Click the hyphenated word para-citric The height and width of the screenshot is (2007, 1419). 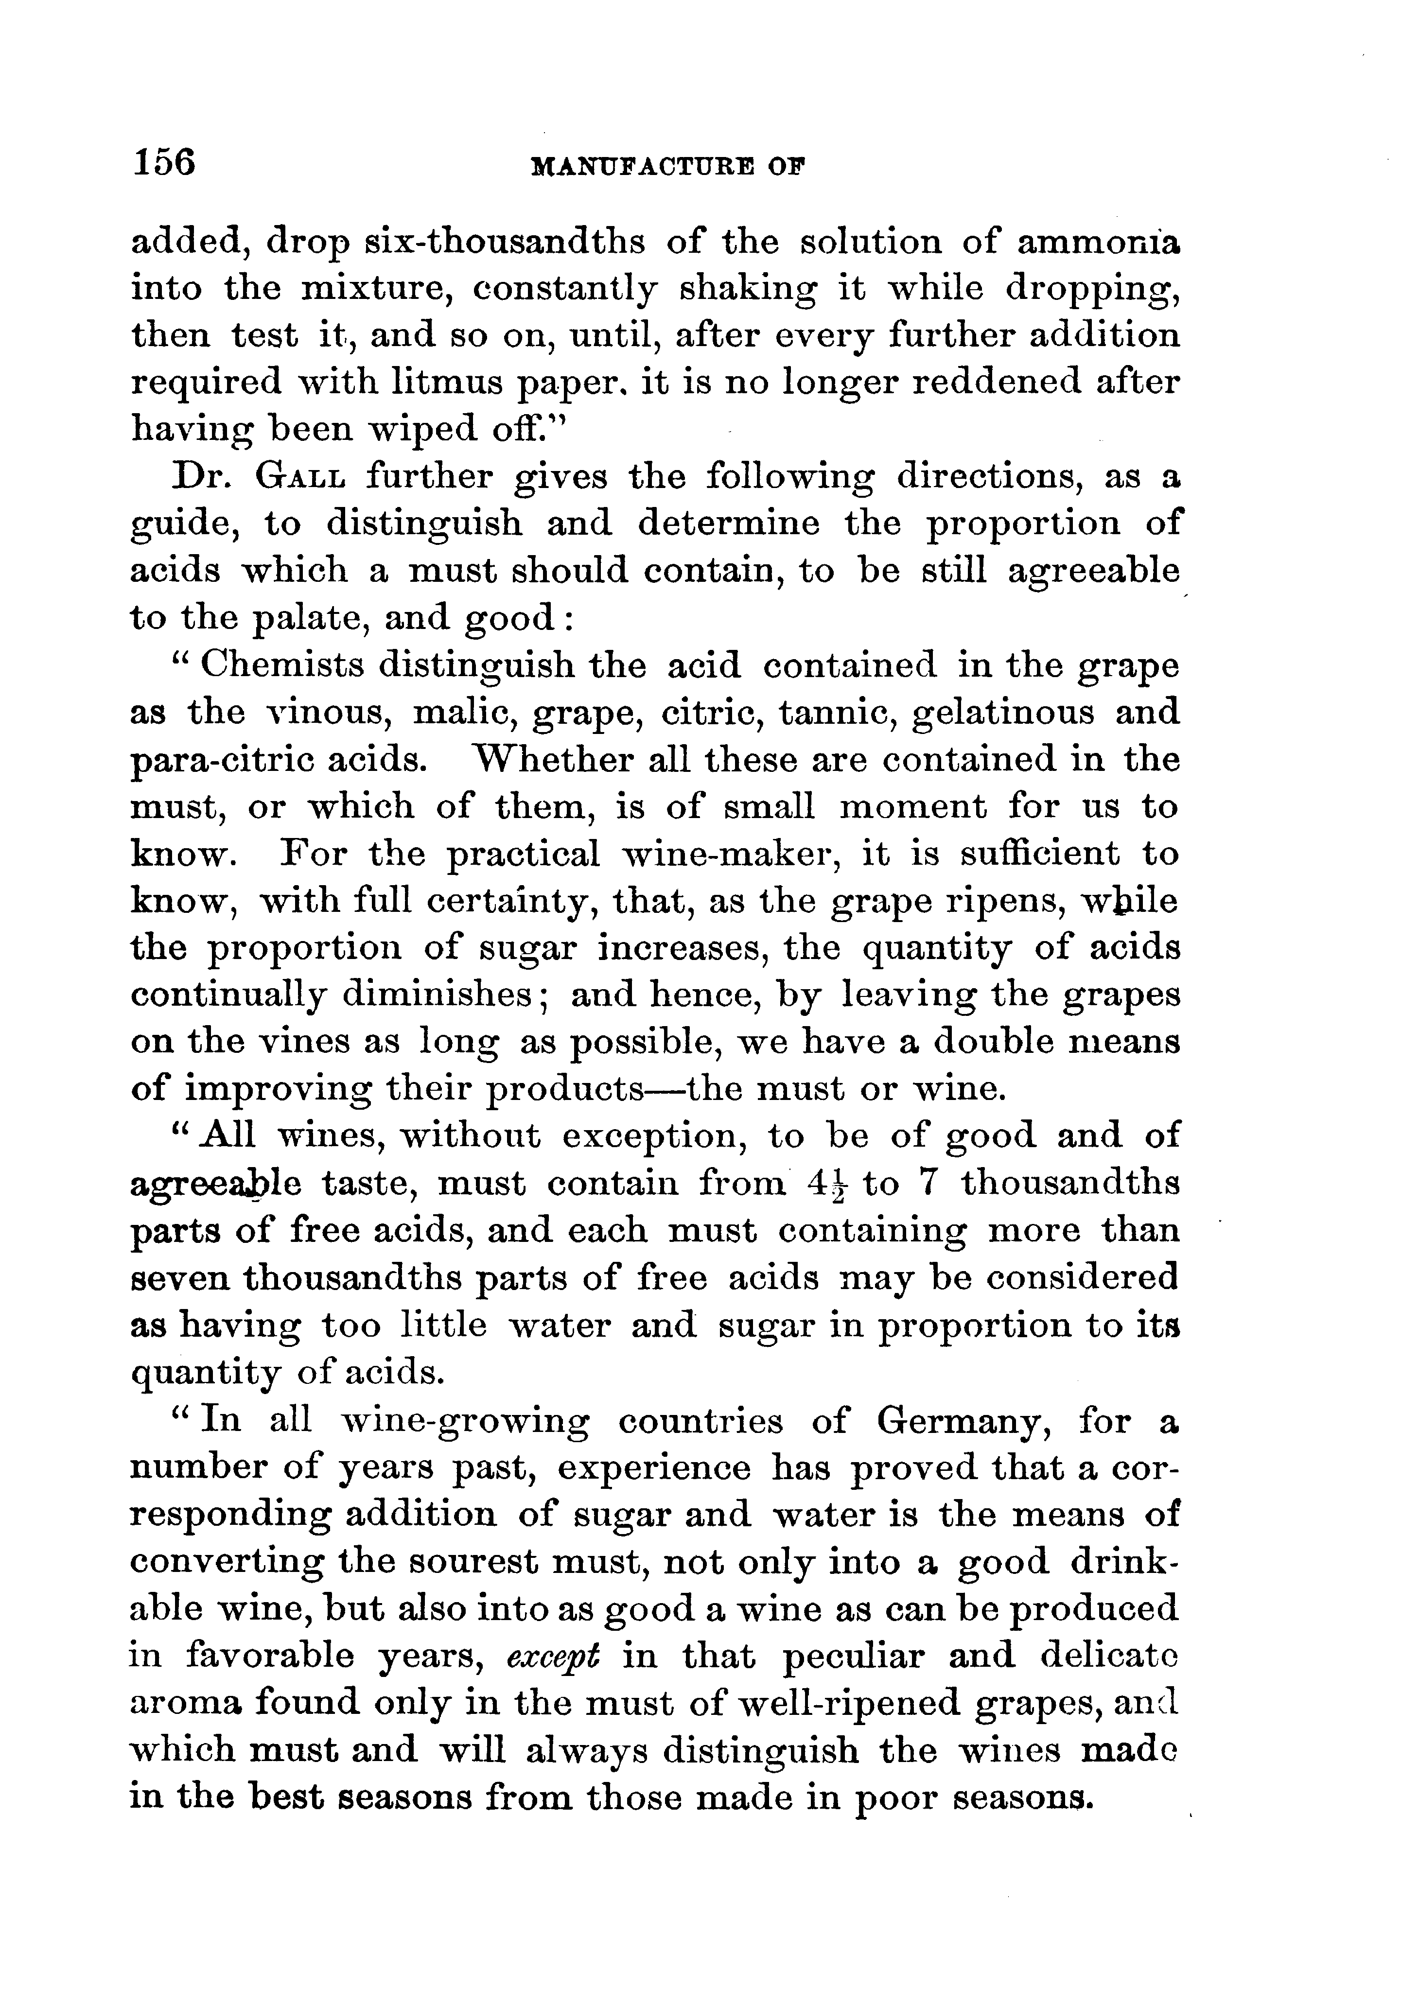271,761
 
